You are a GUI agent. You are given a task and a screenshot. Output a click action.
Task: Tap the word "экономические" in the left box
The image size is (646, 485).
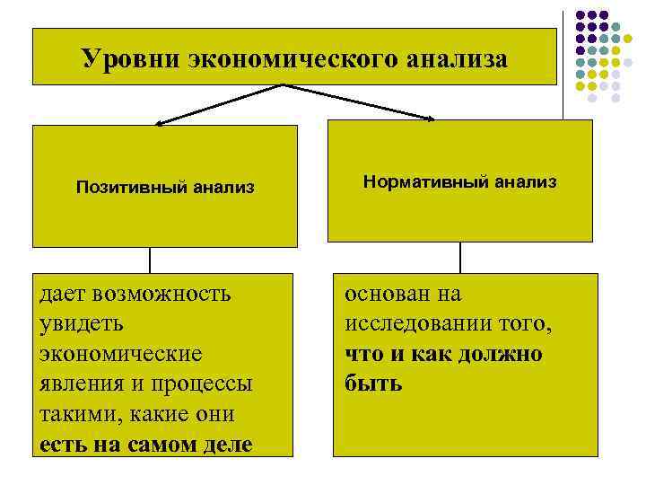(121, 353)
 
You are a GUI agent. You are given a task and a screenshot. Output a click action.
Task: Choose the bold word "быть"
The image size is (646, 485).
(373, 384)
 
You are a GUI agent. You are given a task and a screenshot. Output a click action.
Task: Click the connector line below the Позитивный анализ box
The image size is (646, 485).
(150, 260)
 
